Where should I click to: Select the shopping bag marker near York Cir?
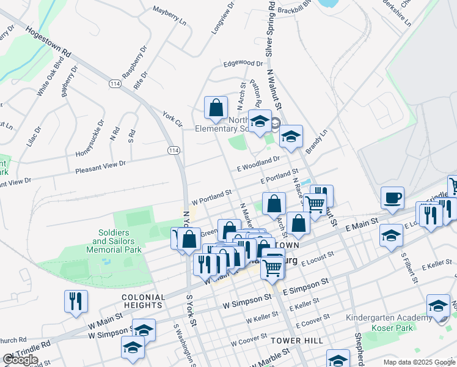(x=216, y=108)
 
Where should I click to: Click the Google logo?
(x=20, y=360)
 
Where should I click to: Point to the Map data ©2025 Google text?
(x=419, y=362)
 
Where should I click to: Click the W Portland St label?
(x=211, y=197)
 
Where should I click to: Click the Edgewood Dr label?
(x=243, y=63)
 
